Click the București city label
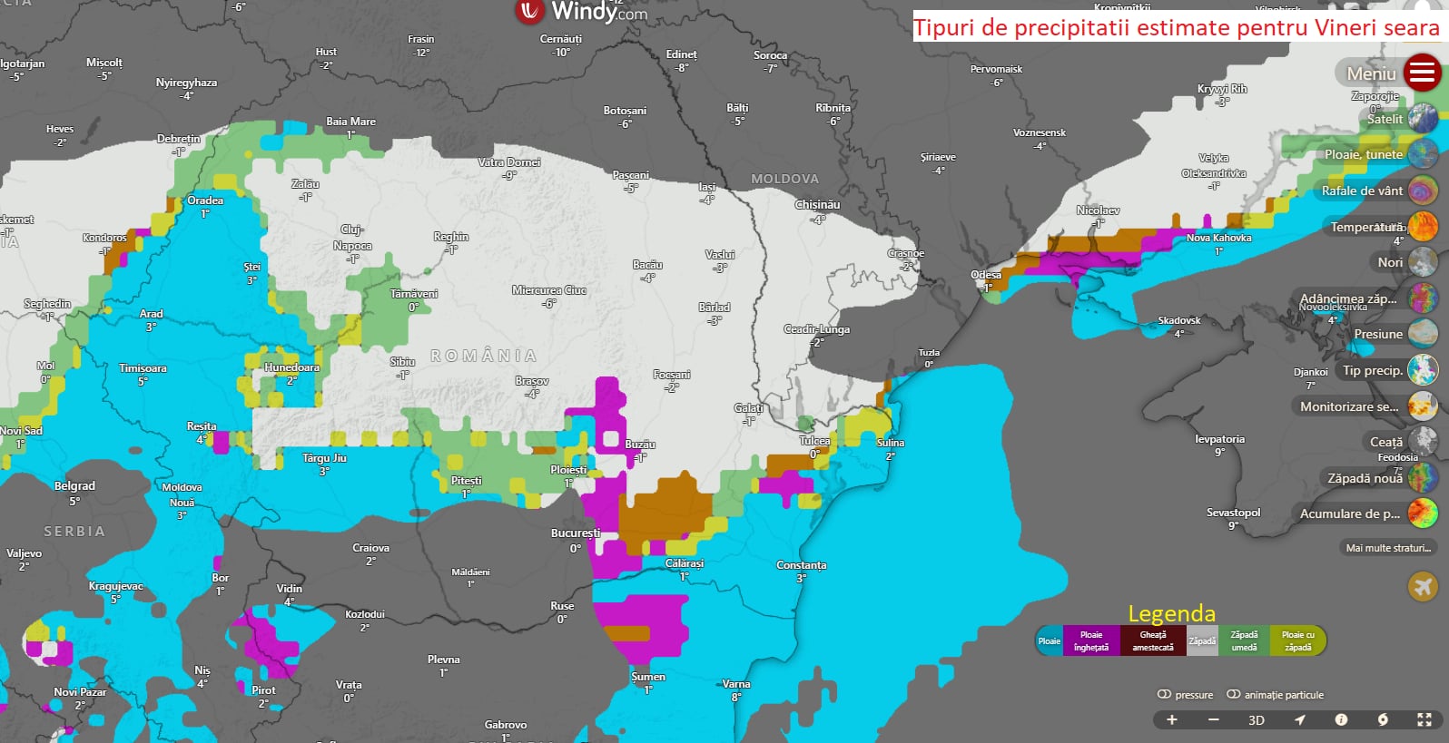click(576, 533)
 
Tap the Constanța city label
click(801, 565)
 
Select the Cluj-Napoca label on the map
click(352, 238)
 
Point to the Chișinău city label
click(817, 205)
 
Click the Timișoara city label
click(143, 368)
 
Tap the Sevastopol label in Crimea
click(1233, 513)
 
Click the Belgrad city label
click(74, 486)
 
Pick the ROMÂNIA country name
click(483, 357)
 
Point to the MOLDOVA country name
click(784, 180)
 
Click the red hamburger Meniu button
click(1422, 73)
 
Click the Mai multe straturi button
click(1387, 548)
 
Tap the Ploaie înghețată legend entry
click(1091, 641)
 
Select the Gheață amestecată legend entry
click(1153, 641)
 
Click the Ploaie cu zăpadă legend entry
click(1297, 641)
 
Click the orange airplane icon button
click(1423, 587)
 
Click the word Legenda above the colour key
click(1171, 614)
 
